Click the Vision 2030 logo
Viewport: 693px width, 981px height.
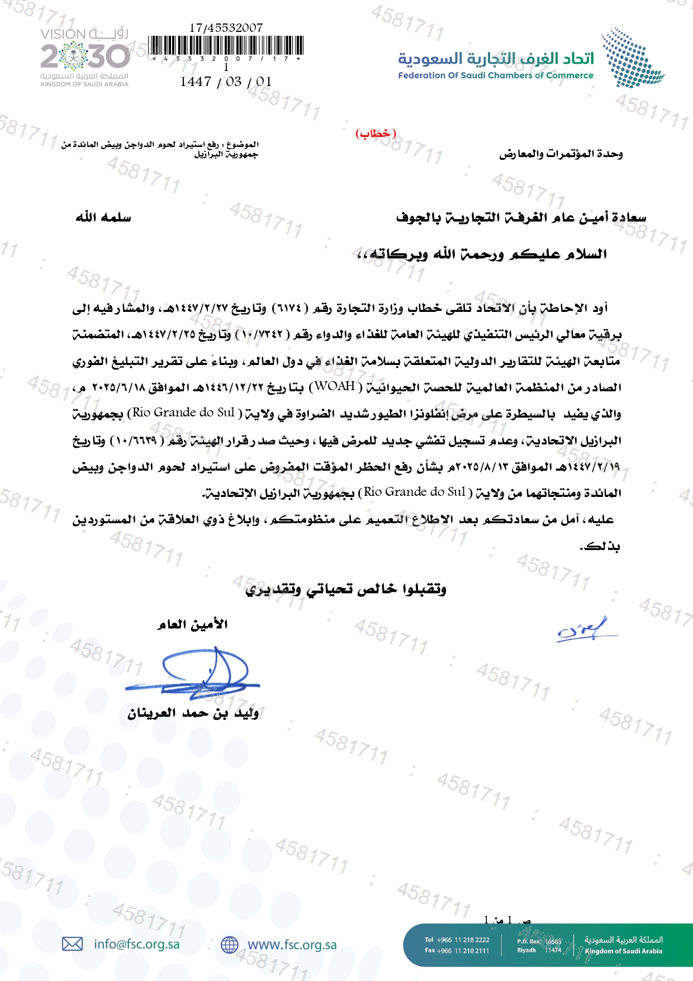[84, 57]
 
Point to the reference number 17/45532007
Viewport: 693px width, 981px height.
[226, 27]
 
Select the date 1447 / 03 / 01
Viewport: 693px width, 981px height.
[226, 82]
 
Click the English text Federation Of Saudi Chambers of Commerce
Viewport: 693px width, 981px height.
[495, 75]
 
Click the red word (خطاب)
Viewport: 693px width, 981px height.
[376, 134]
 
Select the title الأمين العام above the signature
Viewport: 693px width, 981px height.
[193, 624]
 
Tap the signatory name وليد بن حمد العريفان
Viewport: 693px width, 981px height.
[193, 713]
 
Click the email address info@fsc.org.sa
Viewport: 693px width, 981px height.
[137, 944]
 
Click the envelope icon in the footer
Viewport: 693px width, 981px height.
[72, 944]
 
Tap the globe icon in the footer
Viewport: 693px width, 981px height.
[229, 945]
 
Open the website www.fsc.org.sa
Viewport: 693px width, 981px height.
[292, 945]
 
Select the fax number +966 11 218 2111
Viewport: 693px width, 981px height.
[463, 950]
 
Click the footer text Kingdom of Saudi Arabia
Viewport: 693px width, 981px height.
[623, 951]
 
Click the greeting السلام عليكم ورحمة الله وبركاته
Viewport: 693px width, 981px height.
[482, 254]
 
